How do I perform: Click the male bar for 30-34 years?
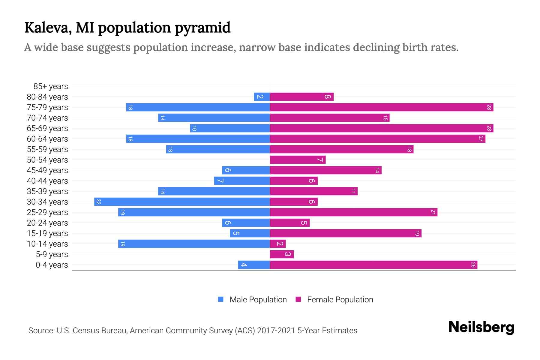click(182, 202)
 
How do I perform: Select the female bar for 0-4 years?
click(373, 265)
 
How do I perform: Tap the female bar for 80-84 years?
click(301, 97)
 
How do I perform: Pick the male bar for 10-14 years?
click(194, 244)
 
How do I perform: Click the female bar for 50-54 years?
click(298, 160)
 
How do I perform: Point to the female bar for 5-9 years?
click(282, 254)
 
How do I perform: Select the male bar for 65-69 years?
click(230, 128)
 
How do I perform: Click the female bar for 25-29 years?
click(353, 212)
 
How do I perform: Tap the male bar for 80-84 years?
click(262, 97)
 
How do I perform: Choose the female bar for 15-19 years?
click(346, 233)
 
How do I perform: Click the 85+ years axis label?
click(51, 86)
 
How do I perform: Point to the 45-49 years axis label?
click(47, 170)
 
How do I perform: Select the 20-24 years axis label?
click(47, 223)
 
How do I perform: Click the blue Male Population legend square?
click(221, 299)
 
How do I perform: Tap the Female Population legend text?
click(340, 300)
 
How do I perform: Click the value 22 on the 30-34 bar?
click(98, 202)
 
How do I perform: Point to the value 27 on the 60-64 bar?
click(481, 139)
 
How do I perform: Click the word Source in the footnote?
click(41, 331)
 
